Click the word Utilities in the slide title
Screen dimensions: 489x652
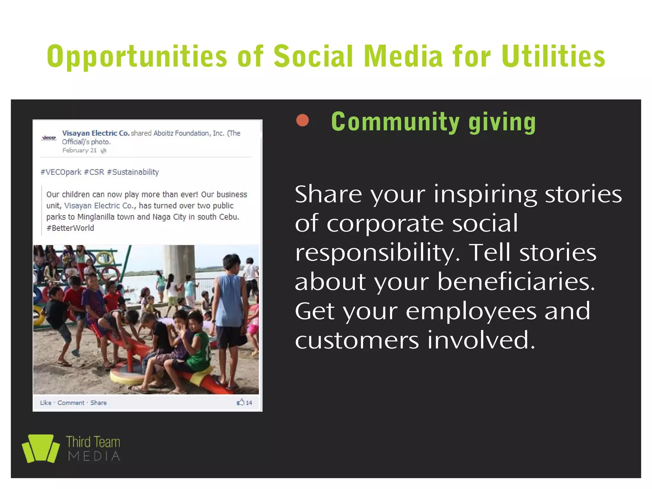(x=553, y=56)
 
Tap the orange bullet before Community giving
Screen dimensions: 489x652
(x=302, y=121)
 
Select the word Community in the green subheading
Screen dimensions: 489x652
(x=395, y=122)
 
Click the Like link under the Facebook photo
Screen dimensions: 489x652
(x=46, y=403)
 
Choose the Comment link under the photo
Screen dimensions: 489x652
(x=71, y=403)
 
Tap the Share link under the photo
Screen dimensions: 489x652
(x=98, y=403)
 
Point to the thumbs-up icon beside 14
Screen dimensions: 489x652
(x=240, y=402)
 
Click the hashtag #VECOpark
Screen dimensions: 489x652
(x=61, y=172)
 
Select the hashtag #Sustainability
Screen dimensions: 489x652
(x=133, y=172)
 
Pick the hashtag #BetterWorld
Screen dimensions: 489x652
(x=70, y=228)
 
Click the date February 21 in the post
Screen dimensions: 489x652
(x=79, y=150)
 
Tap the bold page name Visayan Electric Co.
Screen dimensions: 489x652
(x=96, y=133)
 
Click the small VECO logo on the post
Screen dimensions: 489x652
(x=49, y=138)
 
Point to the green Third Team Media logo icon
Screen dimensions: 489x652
(x=40, y=448)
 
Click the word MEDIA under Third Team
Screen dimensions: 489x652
(x=94, y=456)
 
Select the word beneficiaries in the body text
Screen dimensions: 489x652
(x=516, y=281)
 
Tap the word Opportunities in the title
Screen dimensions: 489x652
(x=137, y=56)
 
